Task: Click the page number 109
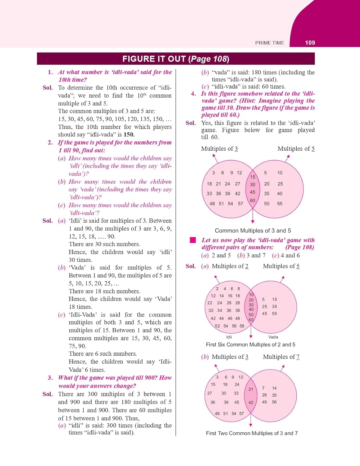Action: click(310, 43)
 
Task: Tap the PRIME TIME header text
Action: click(270, 43)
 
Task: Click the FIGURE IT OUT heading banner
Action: click(175, 59)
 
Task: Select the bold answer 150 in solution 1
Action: click(129, 135)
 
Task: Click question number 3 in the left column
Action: click(50, 378)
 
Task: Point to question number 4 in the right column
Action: click(194, 94)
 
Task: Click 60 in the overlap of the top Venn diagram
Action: click(253, 201)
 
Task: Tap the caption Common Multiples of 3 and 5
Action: click(253, 231)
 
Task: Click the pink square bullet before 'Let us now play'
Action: click(193, 240)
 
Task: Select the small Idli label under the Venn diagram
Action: click(229, 337)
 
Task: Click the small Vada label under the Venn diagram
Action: click(273, 337)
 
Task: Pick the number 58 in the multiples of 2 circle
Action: click(242, 326)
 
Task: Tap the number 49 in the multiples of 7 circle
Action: click(264, 402)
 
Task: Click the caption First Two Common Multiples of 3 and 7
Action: click(252, 433)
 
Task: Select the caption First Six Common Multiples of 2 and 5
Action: click(250, 345)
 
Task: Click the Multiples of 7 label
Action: click(281, 357)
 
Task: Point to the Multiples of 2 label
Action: click(230, 266)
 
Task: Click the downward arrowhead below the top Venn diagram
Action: click(253, 222)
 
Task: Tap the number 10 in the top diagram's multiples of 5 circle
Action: click(280, 173)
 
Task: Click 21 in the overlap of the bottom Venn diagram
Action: click(251, 389)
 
